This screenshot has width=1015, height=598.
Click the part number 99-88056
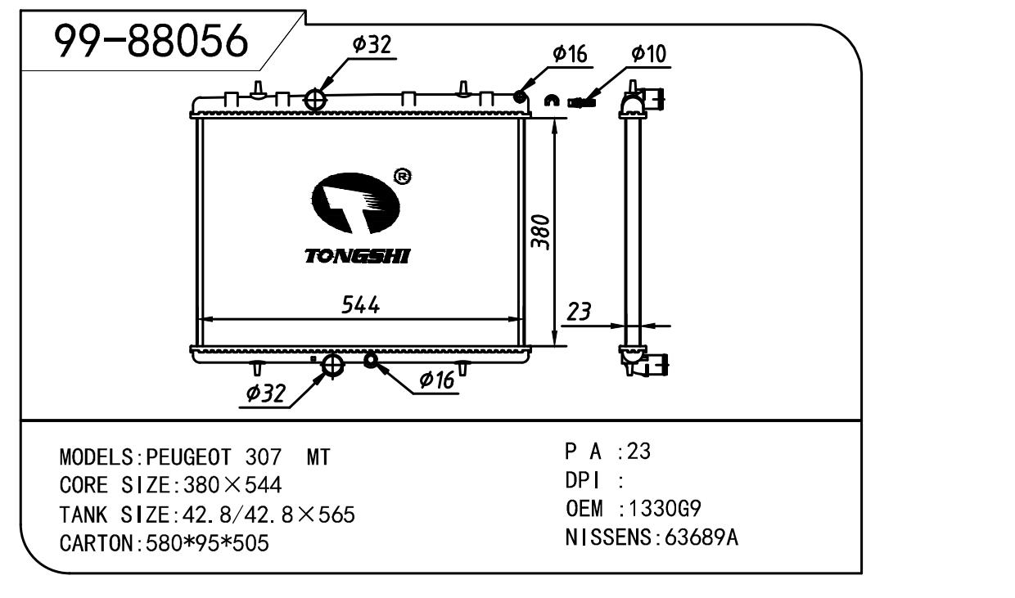(x=151, y=42)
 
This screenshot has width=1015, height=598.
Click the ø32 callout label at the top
(x=372, y=46)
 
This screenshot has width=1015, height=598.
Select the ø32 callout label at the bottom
(x=266, y=393)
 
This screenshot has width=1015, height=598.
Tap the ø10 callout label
(x=649, y=54)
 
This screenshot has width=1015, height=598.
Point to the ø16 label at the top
(x=570, y=54)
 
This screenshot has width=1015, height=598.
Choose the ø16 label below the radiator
(x=436, y=380)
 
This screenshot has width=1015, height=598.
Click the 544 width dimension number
(x=361, y=305)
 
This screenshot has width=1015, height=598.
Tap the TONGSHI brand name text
(x=358, y=257)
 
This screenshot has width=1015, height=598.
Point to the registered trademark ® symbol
(x=402, y=176)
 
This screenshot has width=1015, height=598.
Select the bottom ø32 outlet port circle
(x=332, y=366)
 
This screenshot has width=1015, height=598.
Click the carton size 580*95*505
(x=205, y=543)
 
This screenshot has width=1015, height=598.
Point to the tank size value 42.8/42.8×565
(x=264, y=515)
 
